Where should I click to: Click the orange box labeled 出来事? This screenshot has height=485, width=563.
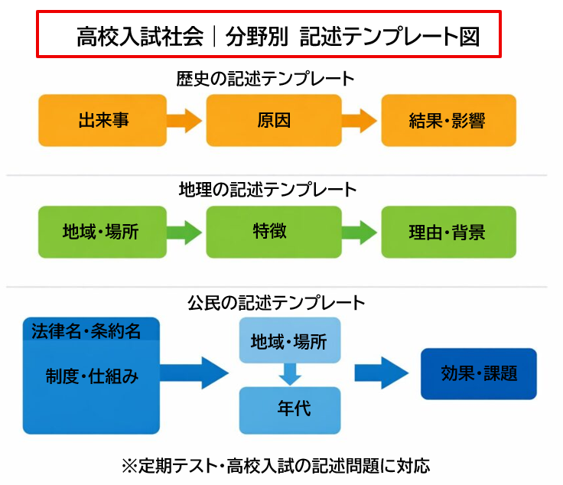(x=103, y=120)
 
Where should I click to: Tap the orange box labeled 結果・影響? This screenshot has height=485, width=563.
(x=447, y=120)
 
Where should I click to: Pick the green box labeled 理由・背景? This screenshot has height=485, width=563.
(x=447, y=232)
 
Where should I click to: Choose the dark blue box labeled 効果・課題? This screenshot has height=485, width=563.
(x=479, y=373)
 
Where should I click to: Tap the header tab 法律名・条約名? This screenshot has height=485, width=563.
(x=87, y=330)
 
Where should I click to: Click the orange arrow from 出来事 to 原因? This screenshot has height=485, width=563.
(x=185, y=120)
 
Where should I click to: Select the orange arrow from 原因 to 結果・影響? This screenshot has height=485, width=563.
(x=360, y=120)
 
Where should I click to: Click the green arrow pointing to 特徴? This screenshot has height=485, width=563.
(x=185, y=232)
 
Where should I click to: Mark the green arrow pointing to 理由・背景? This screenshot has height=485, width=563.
(x=360, y=232)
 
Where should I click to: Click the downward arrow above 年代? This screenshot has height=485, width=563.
(x=290, y=374)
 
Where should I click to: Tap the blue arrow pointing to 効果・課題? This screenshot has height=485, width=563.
(x=381, y=373)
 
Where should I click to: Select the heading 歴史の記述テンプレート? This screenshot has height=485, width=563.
(x=266, y=78)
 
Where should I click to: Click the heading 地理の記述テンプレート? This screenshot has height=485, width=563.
(x=268, y=189)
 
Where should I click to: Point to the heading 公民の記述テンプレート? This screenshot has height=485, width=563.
(x=276, y=302)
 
